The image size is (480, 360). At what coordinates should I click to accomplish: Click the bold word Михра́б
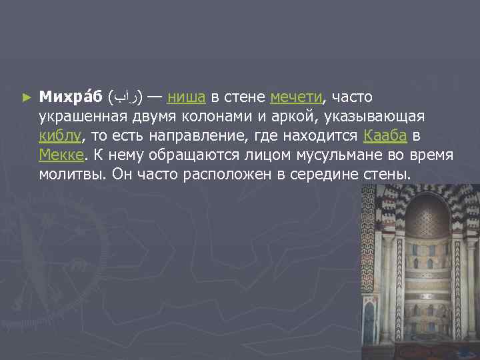click(69, 98)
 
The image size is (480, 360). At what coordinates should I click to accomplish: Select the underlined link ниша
click(186, 98)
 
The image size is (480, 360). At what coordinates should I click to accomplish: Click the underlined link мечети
click(296, 98)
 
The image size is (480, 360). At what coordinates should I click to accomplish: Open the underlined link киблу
click(60, 137)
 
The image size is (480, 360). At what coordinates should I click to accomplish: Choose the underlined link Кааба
click(385, 137)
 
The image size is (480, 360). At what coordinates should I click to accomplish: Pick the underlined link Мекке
click(61, 155)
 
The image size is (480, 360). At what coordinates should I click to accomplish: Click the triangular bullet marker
click(27, 98)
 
